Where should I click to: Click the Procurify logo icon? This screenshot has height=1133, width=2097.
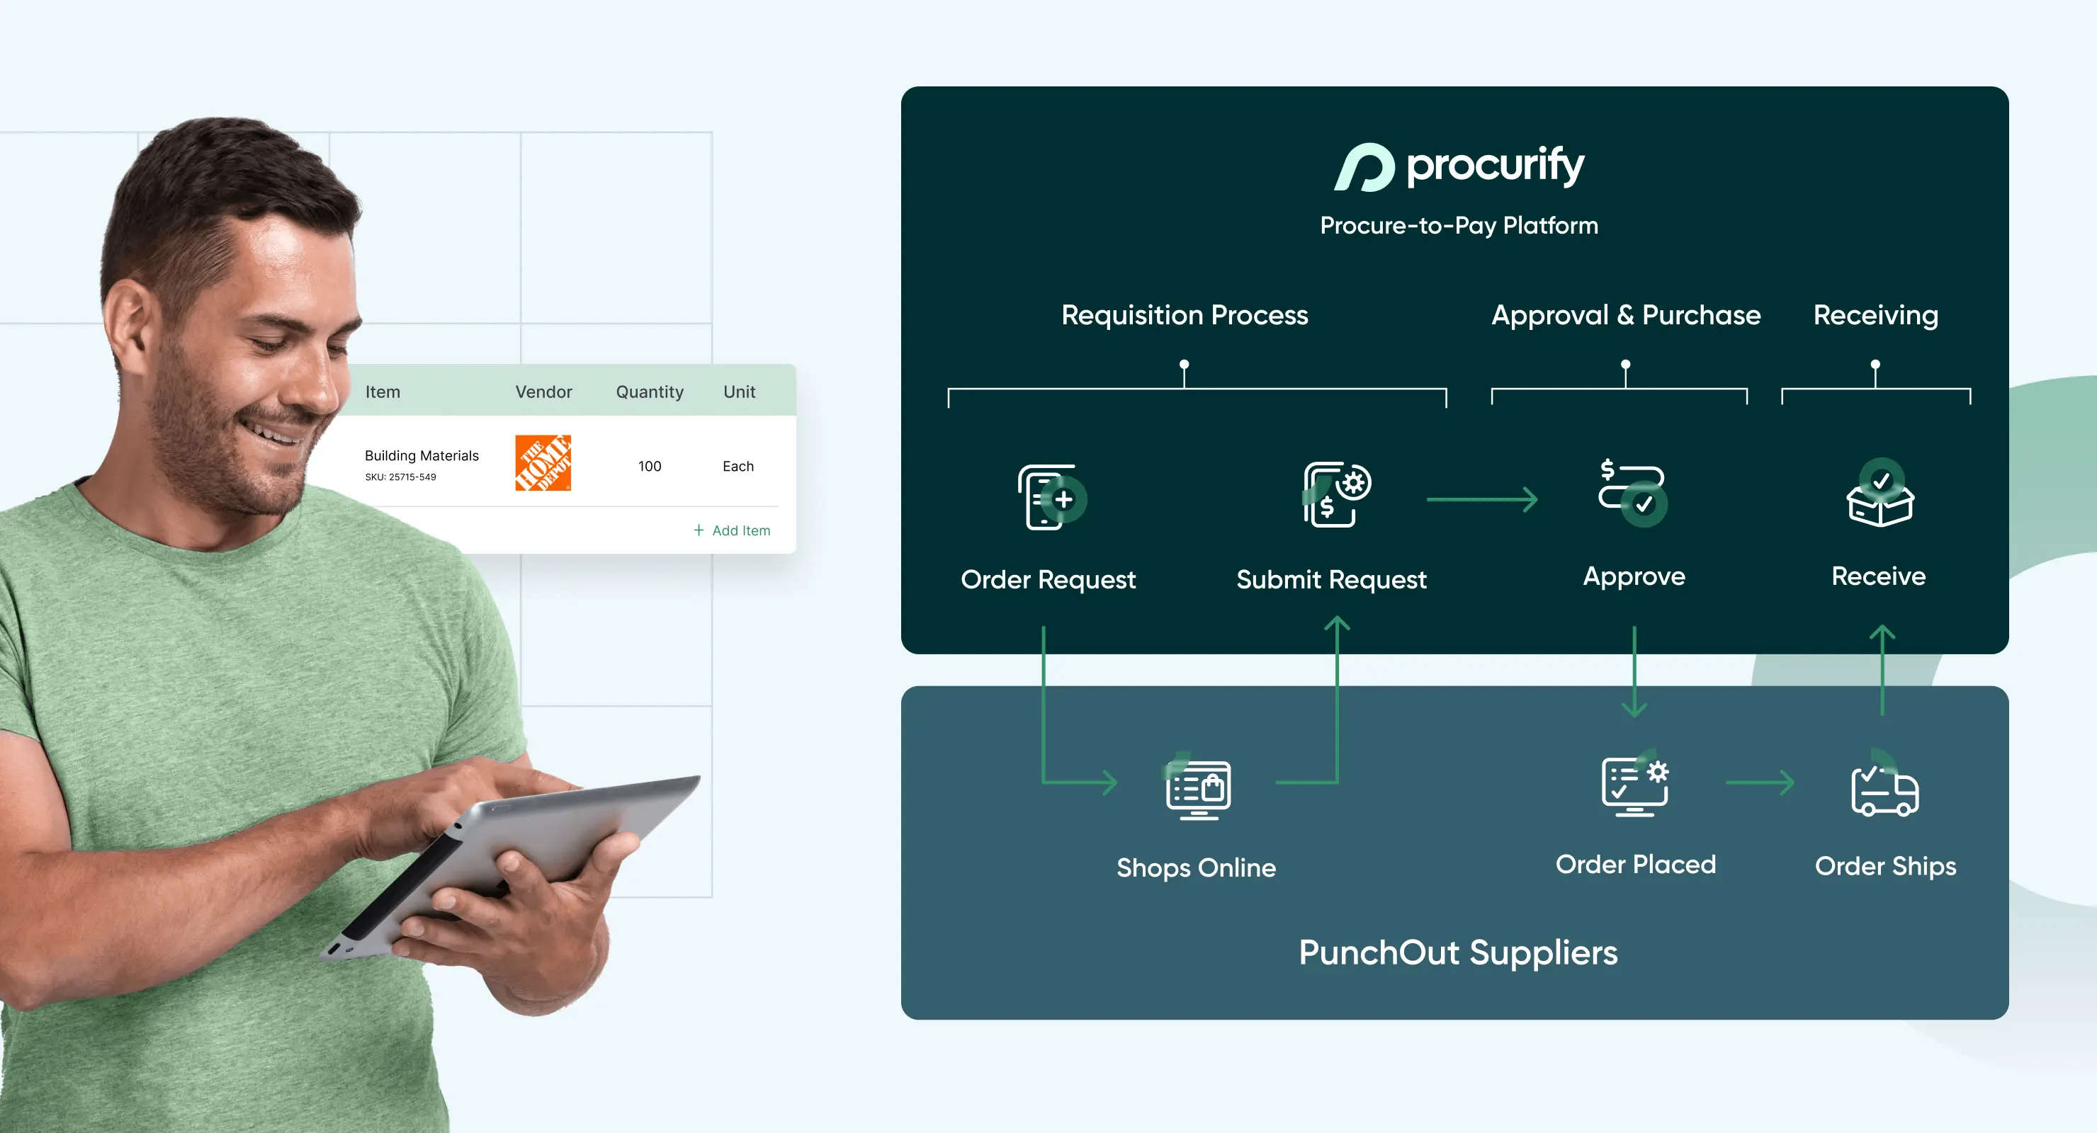(x=1364, y=167)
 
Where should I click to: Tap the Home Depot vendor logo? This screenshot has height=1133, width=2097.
(x=543, y=462)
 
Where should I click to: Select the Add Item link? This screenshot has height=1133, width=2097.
(x=732, y=530)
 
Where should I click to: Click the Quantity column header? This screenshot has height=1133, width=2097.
(x=650, y=392)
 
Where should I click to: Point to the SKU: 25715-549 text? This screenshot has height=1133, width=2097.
(x=400, y=477)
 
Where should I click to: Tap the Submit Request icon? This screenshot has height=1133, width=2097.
(x=1337, y=494)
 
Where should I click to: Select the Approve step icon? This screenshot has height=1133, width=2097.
(x=1633, y=492)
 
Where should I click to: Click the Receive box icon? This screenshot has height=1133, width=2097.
(x=1880, y=492)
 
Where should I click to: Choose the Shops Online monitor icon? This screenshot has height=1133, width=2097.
(x=1197, y=786)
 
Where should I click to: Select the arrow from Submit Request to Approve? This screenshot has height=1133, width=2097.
(x=1482, y=499)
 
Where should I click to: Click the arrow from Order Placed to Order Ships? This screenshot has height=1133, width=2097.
(x=1760, y=783)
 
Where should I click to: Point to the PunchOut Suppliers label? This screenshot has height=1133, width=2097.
(x=1458, y=952)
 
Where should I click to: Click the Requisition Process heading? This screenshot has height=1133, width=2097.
(x=1185, y=315)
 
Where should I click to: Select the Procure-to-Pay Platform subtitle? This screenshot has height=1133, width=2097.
(x=1459, y=225)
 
